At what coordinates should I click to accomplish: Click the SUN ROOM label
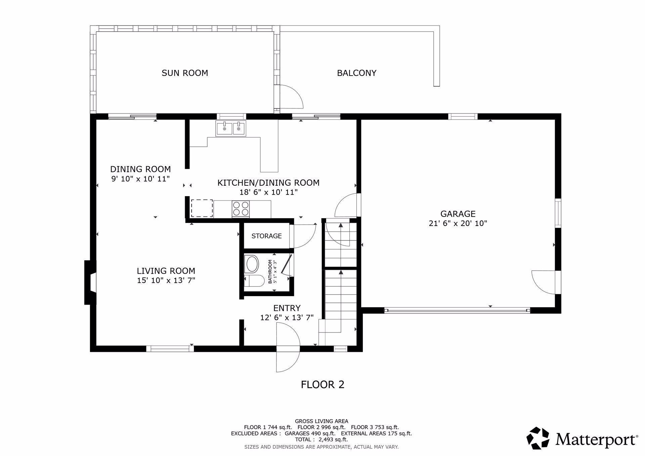[x=185, y=73]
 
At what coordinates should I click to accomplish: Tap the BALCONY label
[x=357, y=73]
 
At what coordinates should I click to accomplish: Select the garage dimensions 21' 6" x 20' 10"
[x=458, y=223]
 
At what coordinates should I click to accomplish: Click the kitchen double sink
[x=230, y=128]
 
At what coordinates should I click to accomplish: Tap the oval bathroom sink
[x=252, y=264]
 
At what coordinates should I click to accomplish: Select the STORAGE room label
[x=267, y=236]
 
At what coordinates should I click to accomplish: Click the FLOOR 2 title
[x=322, y=384]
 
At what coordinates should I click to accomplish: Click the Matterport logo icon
[x=538, y=438]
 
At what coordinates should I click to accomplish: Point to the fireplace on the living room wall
[x=90, y=283]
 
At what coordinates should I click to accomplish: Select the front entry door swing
[x=288, y=347]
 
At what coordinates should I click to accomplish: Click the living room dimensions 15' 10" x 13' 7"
[x=166, y=280]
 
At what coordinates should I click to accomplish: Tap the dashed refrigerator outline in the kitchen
[x=202, y=209]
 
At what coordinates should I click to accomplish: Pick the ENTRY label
[x=287, y=308]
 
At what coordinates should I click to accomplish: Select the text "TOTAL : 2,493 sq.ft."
[x=321, y=439]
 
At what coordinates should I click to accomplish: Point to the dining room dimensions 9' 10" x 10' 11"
[x=140, y=179]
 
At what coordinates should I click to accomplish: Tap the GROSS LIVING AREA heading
[x=321, y=421]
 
